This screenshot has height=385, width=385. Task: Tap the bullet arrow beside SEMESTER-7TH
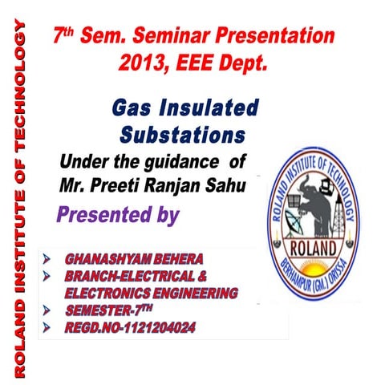point(47,310)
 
